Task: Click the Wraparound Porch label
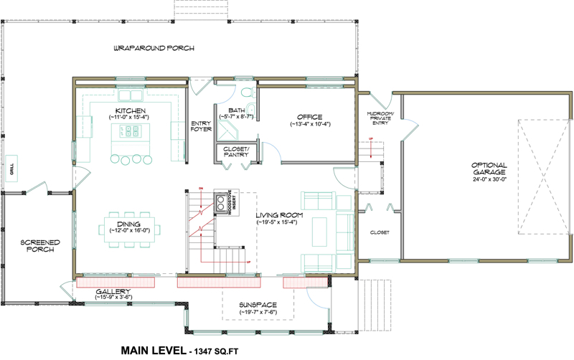click(x=154, y=49)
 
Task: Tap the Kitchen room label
click(x=130, y=110)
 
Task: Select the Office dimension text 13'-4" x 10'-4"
click(x=309, y=125)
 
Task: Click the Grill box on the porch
click(x=11, y=169)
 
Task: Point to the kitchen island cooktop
click(x=130, y=131)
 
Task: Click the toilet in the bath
click(x=246, y=93)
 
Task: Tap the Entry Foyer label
click(x=200, y=126)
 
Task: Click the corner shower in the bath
click(x=230, y=130)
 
